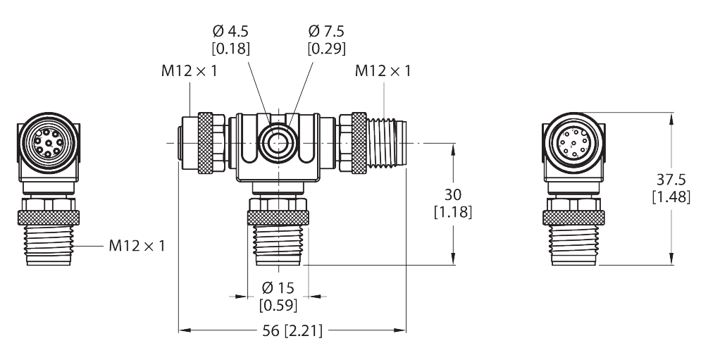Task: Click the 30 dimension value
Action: [452, 194]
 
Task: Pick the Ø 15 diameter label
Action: [278, 289]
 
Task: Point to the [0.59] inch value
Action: [278, 306]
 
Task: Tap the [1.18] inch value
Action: [452, 212]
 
